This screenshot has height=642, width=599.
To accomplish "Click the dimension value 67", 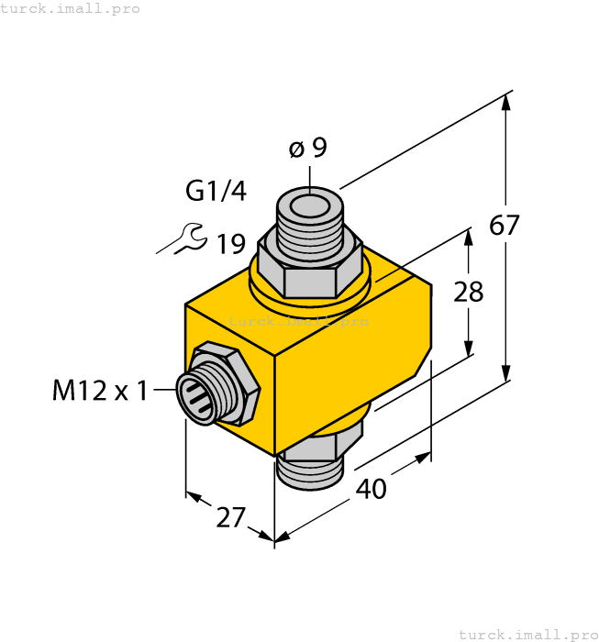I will tap(505, 226).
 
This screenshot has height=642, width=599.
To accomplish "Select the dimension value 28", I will tap(469, 292).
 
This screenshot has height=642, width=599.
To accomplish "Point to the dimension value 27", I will tap(230, 518).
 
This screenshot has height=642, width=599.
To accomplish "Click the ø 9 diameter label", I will tap(308, 148).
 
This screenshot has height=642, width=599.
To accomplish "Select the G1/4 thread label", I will tap(216, 192).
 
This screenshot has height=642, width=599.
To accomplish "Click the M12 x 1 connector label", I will tap(99, 392).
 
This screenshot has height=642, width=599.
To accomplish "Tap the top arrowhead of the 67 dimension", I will tap(505, 101).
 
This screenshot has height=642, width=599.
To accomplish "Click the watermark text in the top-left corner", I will tap(71, 8).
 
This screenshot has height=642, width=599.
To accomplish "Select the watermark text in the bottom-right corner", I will tap(527, 634).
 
